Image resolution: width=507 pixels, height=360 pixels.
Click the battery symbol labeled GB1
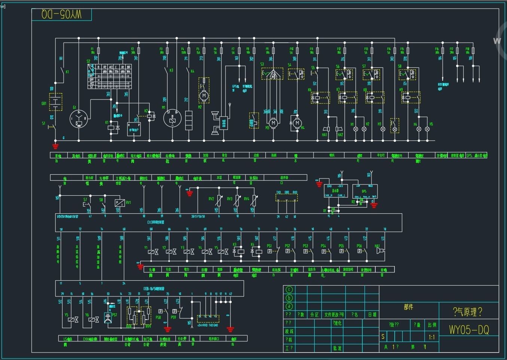click(56, 102)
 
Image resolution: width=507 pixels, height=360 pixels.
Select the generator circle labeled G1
click(79, 119)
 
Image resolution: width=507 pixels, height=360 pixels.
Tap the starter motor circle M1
click(172, 119)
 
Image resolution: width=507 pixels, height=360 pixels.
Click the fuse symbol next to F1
click(98, 50)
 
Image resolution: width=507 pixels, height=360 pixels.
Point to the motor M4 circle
click(297, 123)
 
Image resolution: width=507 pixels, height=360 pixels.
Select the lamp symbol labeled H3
click(382, 129)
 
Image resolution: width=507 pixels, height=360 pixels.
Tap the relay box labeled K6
click(320, 98)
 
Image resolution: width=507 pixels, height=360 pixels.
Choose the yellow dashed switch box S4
click(296, 74)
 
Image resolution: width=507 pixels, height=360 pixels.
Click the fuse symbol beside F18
click(473, 51)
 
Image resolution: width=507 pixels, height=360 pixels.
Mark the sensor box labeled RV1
click(120, 202)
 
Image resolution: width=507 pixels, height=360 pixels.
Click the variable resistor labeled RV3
click(236, 201)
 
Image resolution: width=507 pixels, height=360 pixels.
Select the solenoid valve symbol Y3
click(187, 252)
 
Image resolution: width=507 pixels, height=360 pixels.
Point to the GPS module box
click(364, 191)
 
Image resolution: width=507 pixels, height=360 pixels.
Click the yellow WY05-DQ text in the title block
click(468, 330)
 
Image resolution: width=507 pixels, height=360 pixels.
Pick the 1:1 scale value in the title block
click(432, 337)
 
